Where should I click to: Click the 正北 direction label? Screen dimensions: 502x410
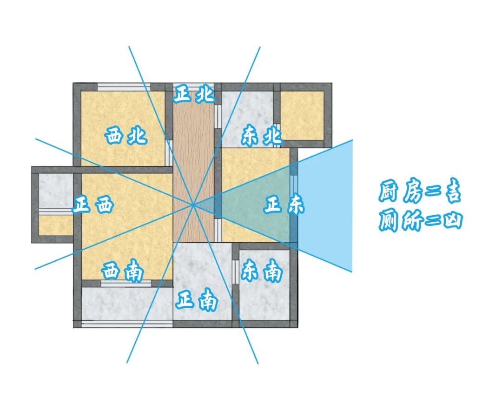point(194,93)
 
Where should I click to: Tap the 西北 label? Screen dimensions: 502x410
point(126,136)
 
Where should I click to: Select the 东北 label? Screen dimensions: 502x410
point(262,136)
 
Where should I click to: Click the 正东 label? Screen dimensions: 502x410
point(284,205)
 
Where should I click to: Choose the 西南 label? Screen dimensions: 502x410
point(123,272)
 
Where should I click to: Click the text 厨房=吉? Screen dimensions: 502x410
point(420,192)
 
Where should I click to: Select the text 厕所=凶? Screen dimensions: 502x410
point(420,219)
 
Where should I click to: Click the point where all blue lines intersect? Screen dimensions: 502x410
point(193,204)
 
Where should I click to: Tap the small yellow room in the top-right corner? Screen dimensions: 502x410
point(302,116)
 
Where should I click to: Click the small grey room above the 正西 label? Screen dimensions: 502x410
point(56,191)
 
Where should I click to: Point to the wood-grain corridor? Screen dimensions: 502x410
point(193,166)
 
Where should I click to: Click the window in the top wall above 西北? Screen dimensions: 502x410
point(124,87)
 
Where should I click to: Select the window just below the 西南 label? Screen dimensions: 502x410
point(126,284)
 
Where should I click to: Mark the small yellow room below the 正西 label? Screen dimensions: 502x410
point(56,225)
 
